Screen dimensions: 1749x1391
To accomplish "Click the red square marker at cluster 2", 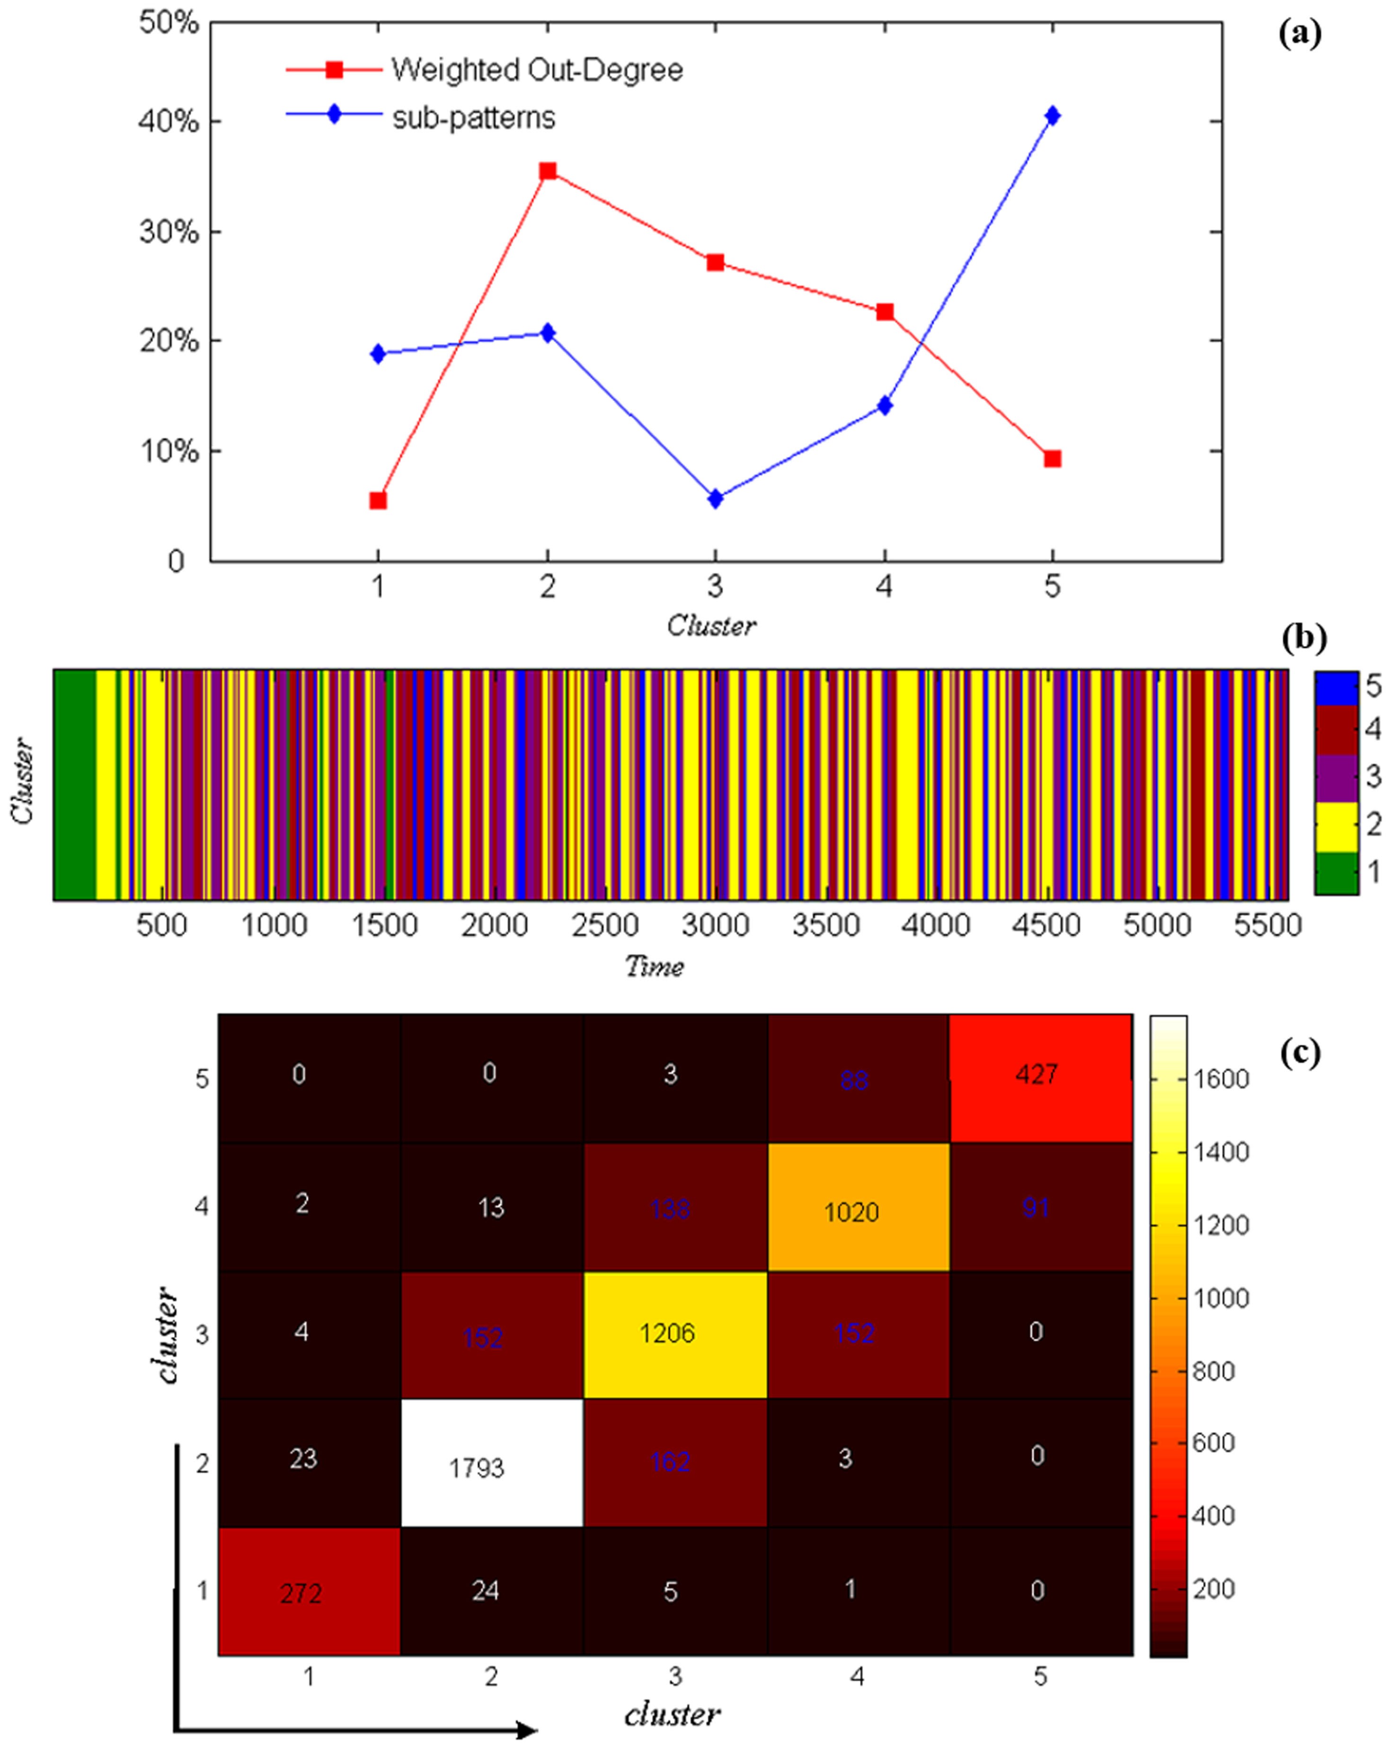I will pos(548,171).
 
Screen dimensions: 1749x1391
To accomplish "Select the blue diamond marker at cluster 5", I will pos(1052,116).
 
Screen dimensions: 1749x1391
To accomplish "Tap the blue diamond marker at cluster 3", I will pos(715,499).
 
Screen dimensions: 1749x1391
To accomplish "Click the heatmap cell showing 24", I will pos(492,1592).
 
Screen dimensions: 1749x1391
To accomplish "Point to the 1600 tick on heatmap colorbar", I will pos(1220,1079).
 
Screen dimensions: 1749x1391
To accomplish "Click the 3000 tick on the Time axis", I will pos(715,925).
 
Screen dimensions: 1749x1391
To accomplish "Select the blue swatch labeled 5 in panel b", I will pos(1336,688).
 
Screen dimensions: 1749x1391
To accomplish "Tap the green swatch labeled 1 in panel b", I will pos(1336,873).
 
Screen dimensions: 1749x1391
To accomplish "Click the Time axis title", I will pos(654,966).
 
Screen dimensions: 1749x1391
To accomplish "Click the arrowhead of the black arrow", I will pos(527,1731).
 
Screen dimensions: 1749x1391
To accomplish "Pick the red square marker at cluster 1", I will pos(378,500).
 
